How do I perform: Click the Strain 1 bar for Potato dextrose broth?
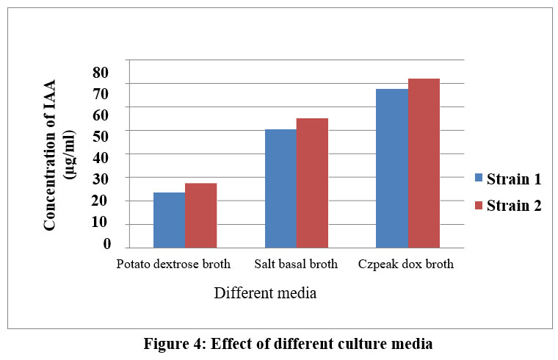pyautogui.click(x=169, y=220)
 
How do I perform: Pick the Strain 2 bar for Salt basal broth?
pyautogui.click(x=312, y=183)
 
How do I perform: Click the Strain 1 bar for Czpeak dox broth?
pyautogui.click(x=391, y=168)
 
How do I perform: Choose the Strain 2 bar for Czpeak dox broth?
pyautogui.click(x=424, y=163)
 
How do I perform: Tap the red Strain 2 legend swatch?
pyautogui.click(x=479, y=205)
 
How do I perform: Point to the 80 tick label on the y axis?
pyautogui.click(x=100, y=72)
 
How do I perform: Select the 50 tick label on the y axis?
pyautogui.click(x=100, y=136)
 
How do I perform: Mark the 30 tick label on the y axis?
pyautogui.click(x=100, y=179)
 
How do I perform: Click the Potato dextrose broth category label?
pyautogui.click(x=173, y=264)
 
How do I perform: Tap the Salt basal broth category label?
pyautogui.click(x=296, y=264)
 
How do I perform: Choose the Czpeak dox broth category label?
pyautogui.click(x=406, y=264)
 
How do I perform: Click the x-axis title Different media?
pyautogui.click(x=265, y=293)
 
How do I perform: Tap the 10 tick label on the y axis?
pyautogui.click(x=100, y=222)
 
